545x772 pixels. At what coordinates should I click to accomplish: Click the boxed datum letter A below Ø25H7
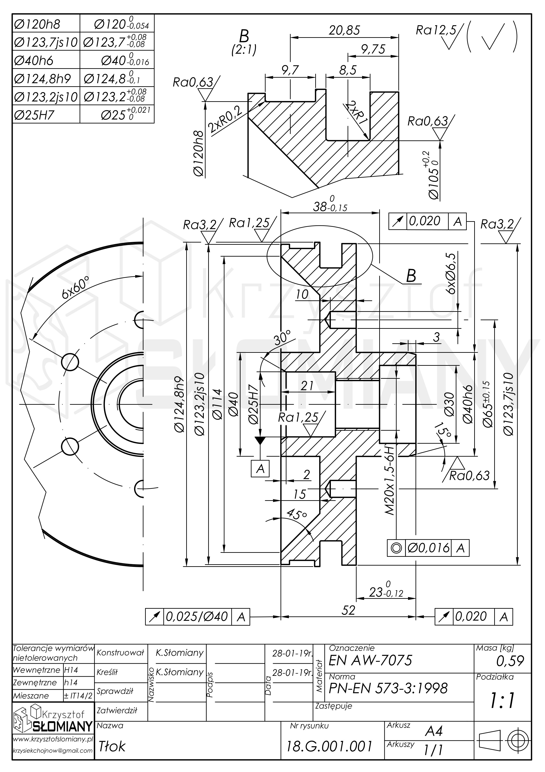[x=260, y=468]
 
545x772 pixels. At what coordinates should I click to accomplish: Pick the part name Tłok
[x=112, y=746]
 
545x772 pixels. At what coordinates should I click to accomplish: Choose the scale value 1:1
[x=502, y=701]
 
